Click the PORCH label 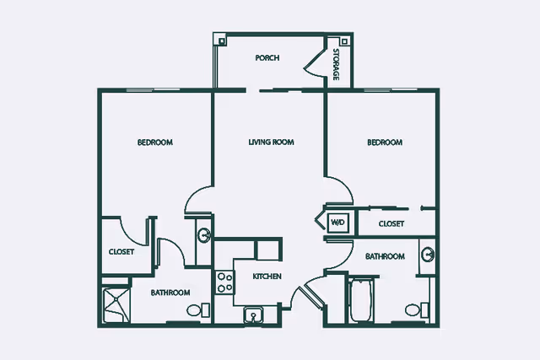point(267,58)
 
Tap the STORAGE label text point(336,64)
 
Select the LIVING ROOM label point(272,142)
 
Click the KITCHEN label point(267,277)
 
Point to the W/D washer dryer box point(337,223)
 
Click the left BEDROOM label point(155,142)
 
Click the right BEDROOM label point(385,142)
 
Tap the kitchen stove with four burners point(224,282)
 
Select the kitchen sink point(253,315)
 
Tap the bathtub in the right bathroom point(361,301)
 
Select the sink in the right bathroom point(428,255)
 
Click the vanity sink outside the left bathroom point(204,236)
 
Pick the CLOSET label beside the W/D point(391,223)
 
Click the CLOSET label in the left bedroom point(121,252)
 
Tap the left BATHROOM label point(170,293)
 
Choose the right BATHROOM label point(385,256)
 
